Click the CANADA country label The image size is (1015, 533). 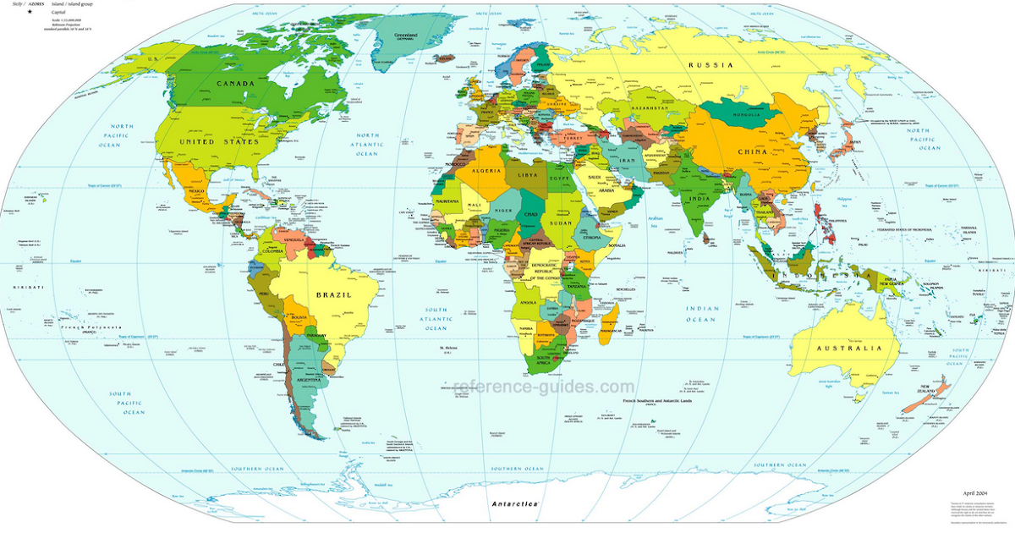click(236, 84)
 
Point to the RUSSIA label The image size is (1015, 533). click(710, 65)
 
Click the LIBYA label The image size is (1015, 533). click(528, 174)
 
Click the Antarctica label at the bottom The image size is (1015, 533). click(515, 503)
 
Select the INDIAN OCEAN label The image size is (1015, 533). click(702, 314)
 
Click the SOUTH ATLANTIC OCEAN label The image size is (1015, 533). click(436, 319)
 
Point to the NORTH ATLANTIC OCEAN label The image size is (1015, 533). click(367, 145)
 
